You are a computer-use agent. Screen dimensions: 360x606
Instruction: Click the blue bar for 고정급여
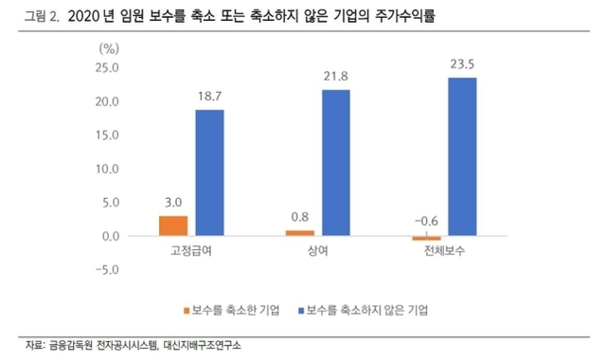210,172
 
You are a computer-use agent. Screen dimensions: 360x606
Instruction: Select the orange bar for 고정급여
172,225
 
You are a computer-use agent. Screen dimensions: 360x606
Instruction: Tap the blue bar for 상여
336,162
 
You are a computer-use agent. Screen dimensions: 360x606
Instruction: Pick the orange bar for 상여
299,233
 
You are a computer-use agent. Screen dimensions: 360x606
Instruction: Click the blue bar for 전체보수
462,156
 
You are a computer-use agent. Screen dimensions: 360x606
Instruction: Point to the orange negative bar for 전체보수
426,239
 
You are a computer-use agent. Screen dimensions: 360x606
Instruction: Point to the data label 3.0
172,203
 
